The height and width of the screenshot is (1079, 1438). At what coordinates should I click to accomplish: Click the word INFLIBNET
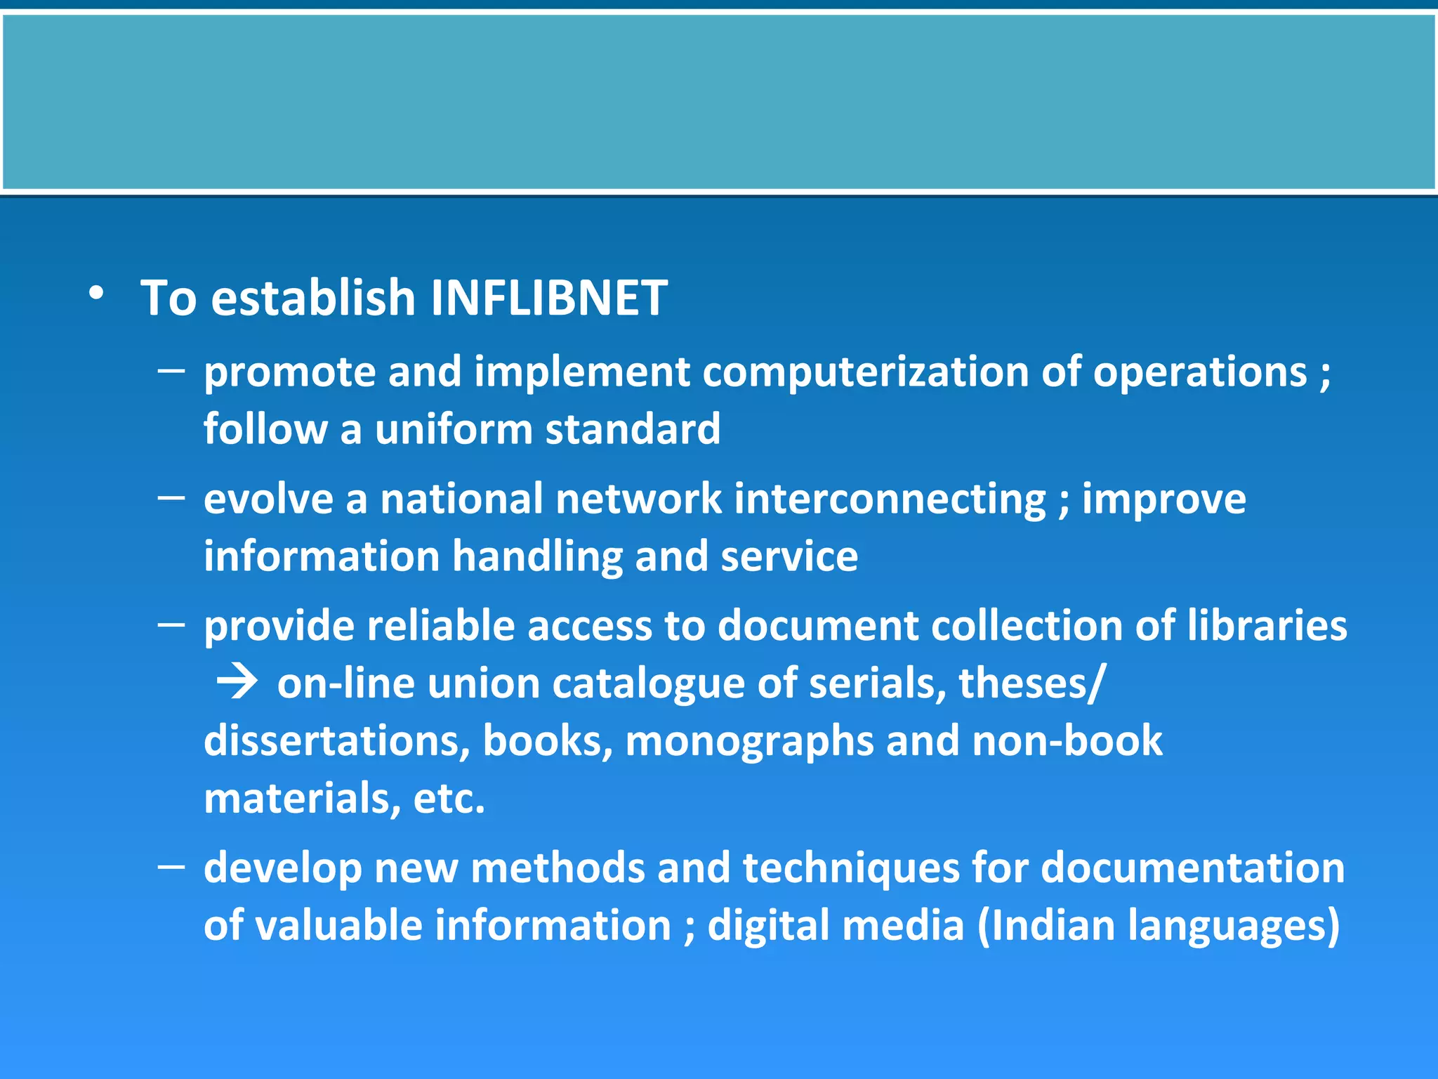548,298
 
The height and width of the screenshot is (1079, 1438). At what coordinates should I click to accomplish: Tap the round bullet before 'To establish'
96,294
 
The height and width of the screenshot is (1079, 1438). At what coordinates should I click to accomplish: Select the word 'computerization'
865,372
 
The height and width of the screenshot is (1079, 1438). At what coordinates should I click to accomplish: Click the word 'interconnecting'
890,499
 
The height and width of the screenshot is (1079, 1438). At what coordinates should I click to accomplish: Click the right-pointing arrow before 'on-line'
237,682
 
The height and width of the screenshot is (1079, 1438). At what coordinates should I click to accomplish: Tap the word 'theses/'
1031,684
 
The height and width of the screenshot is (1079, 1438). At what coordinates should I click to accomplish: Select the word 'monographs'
748,741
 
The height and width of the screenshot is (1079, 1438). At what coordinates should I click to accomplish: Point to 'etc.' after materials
449,799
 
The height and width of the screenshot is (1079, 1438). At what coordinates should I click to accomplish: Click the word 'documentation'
1192,868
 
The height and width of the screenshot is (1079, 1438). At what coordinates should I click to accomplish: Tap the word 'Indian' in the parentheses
1053,926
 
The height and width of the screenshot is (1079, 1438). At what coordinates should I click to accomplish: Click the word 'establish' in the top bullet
313,298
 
